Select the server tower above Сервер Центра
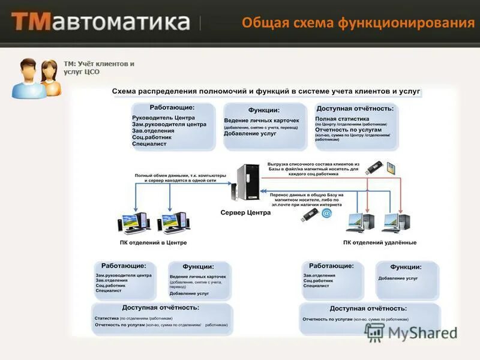point(247,182)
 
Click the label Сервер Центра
point(246,212)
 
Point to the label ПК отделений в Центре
point(153,242)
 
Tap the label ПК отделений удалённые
point(379,242)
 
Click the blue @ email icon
point(326,213)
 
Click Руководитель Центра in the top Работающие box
point(163,118)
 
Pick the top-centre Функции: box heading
point(264,110)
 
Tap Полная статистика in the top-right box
point(342,119)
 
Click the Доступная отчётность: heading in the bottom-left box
point(162,307)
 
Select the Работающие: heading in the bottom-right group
point(331,265)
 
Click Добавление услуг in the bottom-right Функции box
point(398,278)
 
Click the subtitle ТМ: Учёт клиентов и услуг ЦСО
point(98,67)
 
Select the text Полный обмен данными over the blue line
point(180,177)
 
